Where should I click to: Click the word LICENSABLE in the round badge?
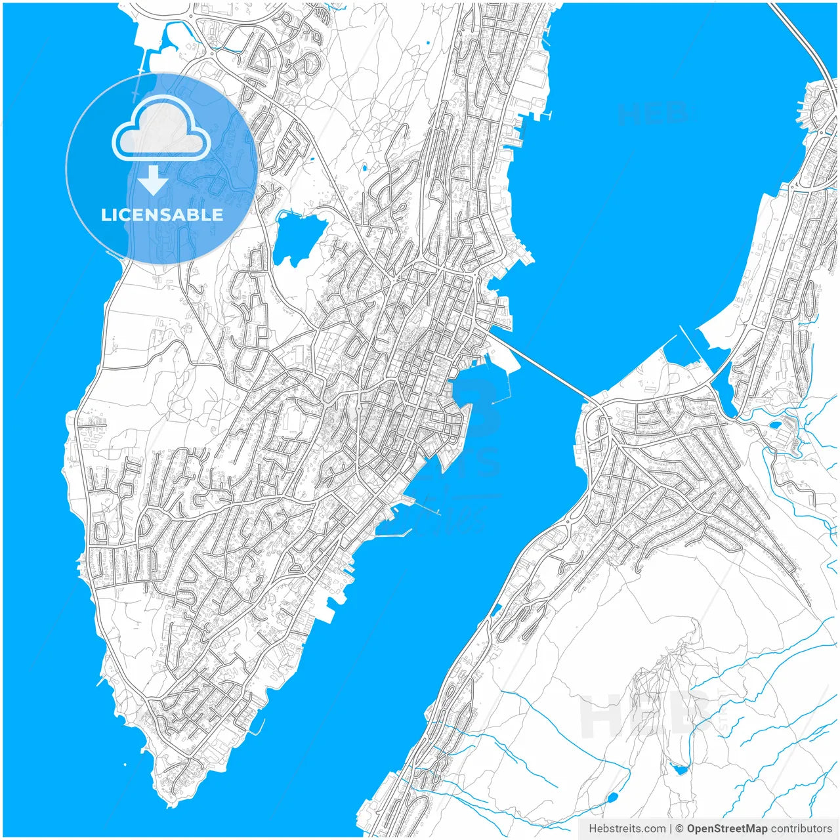(x=161, y=215)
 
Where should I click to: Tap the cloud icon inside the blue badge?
(x=161, y=129)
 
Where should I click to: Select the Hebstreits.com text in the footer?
(x=627, y=829)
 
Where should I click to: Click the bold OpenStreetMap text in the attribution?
(x=726, y=829)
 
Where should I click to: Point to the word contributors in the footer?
(x=801, y=829)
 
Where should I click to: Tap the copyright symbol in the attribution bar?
(x=679, y=829)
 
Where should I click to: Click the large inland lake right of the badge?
(x=299, y=236)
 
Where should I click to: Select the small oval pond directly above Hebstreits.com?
(x=612, y=798)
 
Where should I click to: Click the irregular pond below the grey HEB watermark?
(x=679, y=769)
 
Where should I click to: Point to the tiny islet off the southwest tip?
(x=125, y=765)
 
